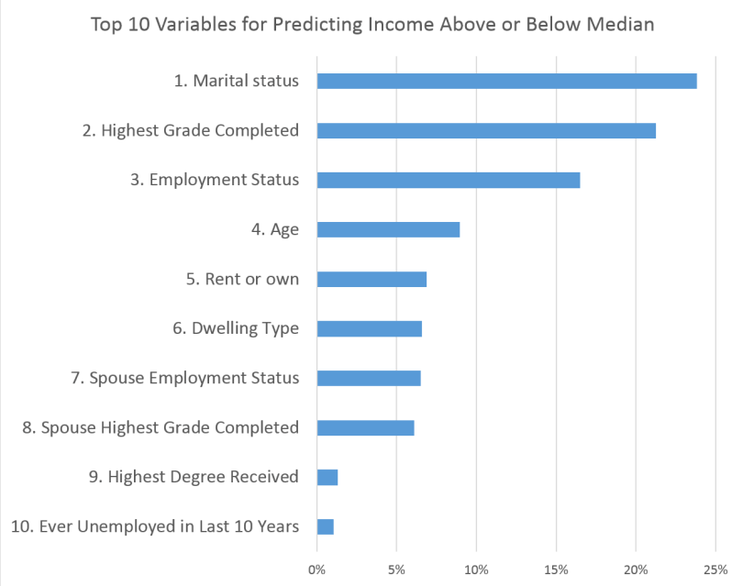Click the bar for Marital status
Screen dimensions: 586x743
coord(506,81)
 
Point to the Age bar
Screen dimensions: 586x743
coord(388,229)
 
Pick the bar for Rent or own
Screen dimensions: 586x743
coord(371,279)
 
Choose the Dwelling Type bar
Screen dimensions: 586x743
coord(370,328)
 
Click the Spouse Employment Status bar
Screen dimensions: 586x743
coord(369,378)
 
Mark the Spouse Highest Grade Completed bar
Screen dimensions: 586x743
coord(365,427)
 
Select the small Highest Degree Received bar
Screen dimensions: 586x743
coord(327,477)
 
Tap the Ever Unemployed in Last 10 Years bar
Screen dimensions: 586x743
coord(326,526)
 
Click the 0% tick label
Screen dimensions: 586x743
coord(316,569)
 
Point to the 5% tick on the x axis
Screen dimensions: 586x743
coord(396,569)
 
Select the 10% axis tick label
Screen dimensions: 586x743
coord(476,569)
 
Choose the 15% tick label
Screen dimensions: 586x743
coord(556,569)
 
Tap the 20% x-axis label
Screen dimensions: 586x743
coord(636,569)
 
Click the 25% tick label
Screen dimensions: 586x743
coord(715,569)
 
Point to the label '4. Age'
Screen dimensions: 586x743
coord(275,229)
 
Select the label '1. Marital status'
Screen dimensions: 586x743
coord(236,81)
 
